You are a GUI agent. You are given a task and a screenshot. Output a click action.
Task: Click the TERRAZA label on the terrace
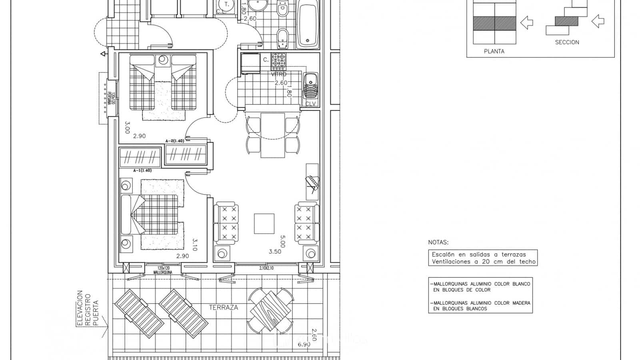[223, 308]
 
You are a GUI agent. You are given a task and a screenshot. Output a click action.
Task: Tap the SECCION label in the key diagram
[567, 42]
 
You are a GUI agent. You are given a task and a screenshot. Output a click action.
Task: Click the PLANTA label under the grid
[494, 51]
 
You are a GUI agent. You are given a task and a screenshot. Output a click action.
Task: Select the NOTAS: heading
[438, 242]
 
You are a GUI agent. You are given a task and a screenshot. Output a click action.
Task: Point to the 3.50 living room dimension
[275, 252]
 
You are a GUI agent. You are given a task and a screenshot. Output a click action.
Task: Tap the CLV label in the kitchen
[310, 104]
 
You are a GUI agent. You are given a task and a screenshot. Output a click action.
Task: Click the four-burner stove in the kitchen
[279, 62]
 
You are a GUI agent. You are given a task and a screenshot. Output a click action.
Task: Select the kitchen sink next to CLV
[310, 86]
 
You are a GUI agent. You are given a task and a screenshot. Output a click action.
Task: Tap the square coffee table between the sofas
[264, 224]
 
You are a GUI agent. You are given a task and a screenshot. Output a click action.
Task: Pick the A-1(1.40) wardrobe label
[142, 170]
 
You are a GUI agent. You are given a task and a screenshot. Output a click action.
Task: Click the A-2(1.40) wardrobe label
[175, 141]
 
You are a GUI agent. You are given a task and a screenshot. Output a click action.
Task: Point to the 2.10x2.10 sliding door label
[266, 268]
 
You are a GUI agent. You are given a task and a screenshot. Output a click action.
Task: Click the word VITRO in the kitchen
[279, 74]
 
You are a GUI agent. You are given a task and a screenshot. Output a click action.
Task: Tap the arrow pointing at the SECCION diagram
[598, 21]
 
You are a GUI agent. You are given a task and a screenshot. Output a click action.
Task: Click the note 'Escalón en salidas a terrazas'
[479, 254]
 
